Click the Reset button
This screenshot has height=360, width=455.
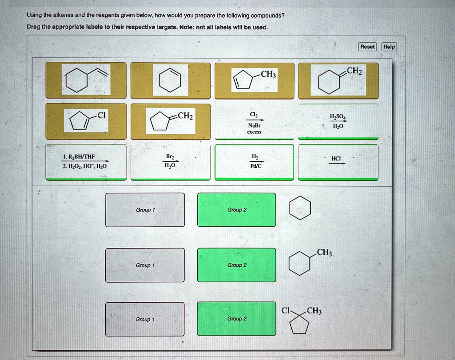[x=367, y=47]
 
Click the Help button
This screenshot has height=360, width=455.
[x=389, y=47]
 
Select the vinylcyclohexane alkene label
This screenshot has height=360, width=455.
[x=86, y=80]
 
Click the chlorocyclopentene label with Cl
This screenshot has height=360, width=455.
[x=86, y=121]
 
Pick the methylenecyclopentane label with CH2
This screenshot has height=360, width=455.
[x=170, y=121]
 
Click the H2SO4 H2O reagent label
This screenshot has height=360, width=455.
[x=338, y=121]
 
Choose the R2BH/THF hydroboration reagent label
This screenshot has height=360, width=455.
[x=86, y=162]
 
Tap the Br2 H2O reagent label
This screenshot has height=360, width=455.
[x=170, y=161]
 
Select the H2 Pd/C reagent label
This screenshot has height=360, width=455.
[x=254, y=162]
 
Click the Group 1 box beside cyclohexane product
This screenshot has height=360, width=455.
[x=145, y=210]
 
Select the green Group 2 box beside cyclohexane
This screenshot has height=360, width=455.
[x=236, y=210]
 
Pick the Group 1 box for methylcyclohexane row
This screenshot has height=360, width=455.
[x=145, y=265]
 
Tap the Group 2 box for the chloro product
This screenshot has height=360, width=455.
[x=236, y=319]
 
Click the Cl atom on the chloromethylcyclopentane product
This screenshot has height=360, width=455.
[x=285, y=311]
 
